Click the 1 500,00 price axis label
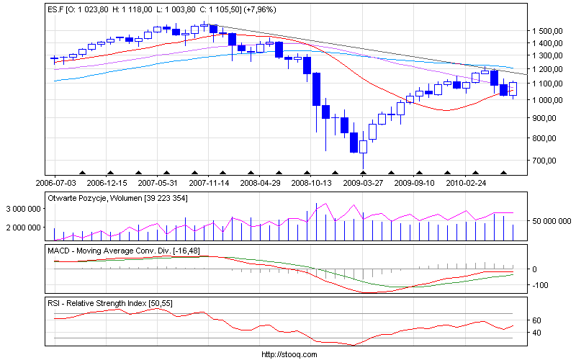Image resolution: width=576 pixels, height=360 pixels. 547,31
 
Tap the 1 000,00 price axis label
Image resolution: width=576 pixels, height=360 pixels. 547,117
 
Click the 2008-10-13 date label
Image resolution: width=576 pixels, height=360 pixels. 312,184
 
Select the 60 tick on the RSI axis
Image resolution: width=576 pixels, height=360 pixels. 536,320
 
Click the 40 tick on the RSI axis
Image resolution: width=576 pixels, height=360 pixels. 536,333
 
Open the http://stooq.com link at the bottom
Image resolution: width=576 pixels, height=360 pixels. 288,354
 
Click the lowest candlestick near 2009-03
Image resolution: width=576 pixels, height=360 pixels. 363,147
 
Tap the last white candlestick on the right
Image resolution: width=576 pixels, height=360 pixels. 513,89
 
